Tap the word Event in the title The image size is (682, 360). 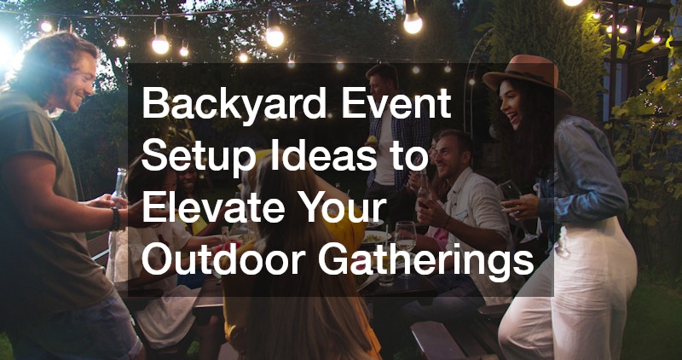point(396,103)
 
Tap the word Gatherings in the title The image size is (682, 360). point(426,261)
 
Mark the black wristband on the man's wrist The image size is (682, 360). point(115,218)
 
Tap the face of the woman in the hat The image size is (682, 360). point(509,105)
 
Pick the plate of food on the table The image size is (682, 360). point(376,238)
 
